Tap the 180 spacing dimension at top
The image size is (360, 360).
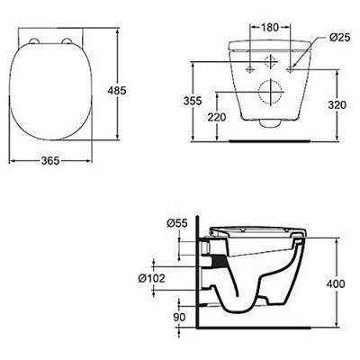[269, 27]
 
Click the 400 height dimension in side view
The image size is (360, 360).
[335, 284]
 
